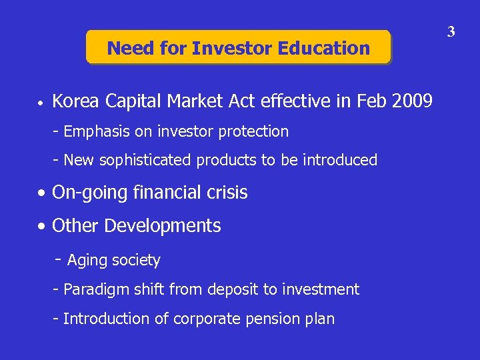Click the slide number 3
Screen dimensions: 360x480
(451, 31)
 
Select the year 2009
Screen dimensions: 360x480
(411, 101)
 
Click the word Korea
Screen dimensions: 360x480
(73, 101)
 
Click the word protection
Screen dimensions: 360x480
(257, 132)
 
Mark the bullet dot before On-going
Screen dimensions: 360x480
(42, 194)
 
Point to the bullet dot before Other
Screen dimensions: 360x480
(42, 227)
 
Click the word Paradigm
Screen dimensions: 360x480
(95, 289)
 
